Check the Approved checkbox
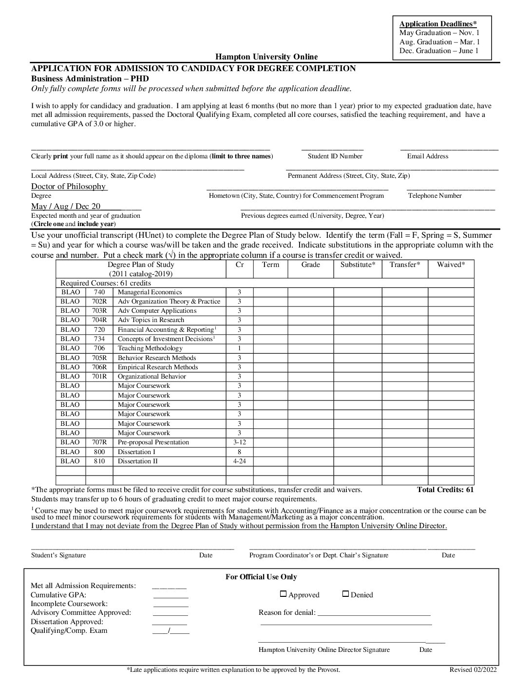(284, 594)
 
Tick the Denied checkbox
(345, 594)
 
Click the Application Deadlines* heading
(438, 24)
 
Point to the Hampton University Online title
(266, 57)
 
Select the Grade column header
(310, 265)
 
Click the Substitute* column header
(358, 265)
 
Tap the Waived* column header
(451, 265)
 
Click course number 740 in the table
(99, 292)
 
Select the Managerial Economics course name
(150, 292)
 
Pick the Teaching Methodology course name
(150, 348)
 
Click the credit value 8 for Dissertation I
(239, 452)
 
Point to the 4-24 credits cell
(239, 461)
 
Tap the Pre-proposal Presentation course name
(153, 442)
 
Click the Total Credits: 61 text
(445, 490)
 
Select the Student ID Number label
(335, 156)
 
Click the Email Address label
(427, 156)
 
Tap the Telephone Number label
(435, 196)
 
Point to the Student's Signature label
(58, 555)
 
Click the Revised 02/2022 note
(473, 670)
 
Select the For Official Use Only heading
(261, 577)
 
